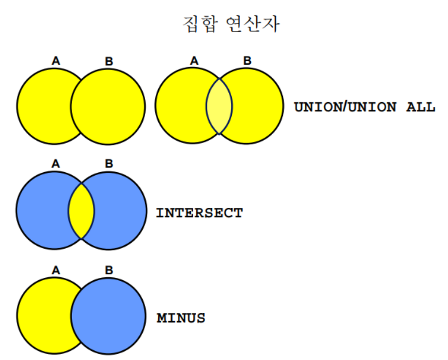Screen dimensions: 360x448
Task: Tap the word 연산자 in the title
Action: (x=253, y=24)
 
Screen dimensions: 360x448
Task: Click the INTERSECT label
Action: (x=199, y=213)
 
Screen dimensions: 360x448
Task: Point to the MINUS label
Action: (x=181, y=318)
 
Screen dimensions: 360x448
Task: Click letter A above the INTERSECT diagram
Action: (x=56, y=163)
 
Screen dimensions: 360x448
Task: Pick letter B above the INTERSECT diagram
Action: (x=109, y=163)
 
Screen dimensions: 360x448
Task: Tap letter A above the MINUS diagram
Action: (x=56, y=270)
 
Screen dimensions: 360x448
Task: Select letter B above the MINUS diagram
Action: (x=109, y=270)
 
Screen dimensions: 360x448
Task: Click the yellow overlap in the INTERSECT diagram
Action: (x=81, y=212)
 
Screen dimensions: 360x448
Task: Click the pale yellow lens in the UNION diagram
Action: (x=219, y=106)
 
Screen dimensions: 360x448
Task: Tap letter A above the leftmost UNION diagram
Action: (x=56, y=61)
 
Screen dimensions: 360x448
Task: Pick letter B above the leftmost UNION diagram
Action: (x=109, y=61)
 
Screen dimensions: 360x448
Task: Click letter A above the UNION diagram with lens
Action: (x=194, y=61)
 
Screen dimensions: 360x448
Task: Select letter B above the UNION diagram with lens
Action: (x=247, y=61)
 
